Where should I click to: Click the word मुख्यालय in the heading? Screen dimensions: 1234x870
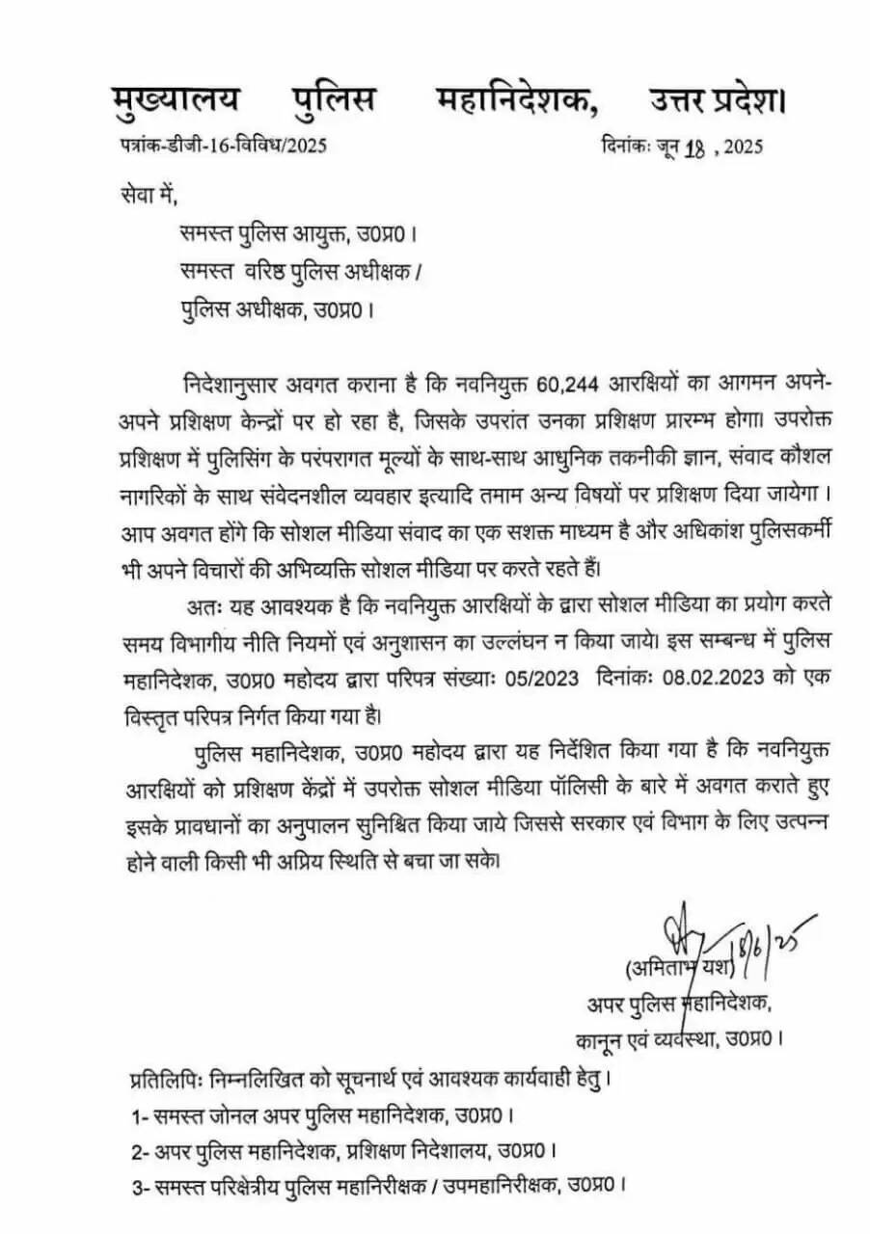[x=176, y=101]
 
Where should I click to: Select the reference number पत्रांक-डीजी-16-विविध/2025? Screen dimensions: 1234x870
[x=218, y=147]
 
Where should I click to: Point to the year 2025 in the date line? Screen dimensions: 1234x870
[x=743, y=148]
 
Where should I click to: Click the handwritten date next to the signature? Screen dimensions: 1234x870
[x=776, y=939]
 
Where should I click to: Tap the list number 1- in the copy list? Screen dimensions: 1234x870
[x=140, y=1116]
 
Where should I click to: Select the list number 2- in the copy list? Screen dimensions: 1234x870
[x=141, y=1151]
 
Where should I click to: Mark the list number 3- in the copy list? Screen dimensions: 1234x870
[x=141, y=1185]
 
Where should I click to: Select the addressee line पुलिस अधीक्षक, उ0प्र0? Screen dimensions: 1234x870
[x=276, y=310]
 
